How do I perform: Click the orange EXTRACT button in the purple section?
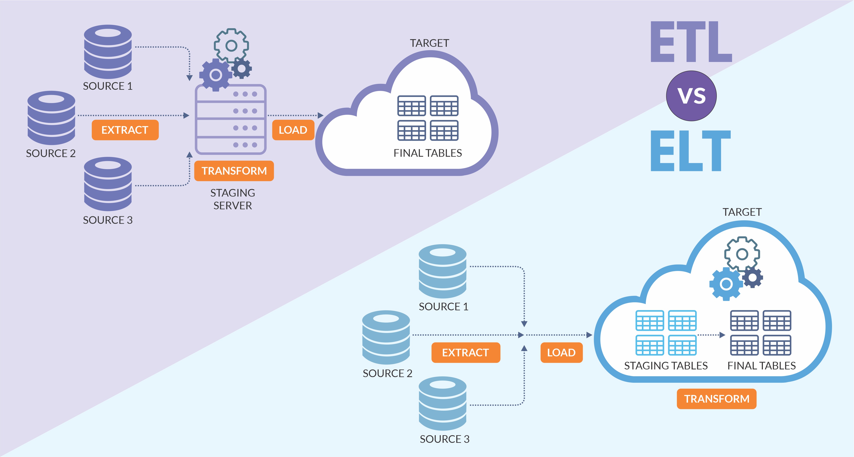(x=125, y=130)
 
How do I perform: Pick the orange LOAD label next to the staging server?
(x=293, y=130)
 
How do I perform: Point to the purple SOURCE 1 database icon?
(x=108, y=51)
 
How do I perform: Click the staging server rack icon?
(x=231, y=119)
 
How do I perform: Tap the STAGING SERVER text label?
(x=233, y=199)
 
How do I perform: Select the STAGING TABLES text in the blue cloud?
(x=666, y=366)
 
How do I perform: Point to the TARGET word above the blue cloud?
(x=742, y=212)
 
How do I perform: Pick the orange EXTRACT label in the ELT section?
(x=465, y=352)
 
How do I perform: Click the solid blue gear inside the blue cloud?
(x=726, y=284)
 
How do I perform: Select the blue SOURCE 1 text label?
(x=443, y=307)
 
